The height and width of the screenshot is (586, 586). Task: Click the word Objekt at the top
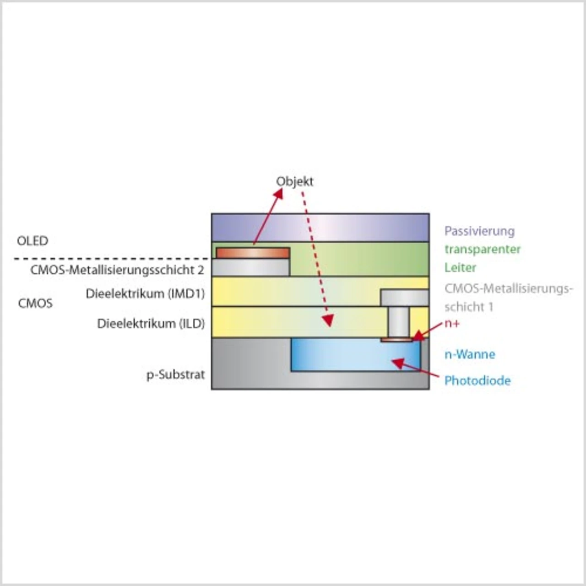[294, 182]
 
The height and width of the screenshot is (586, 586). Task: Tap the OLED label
[33, 241]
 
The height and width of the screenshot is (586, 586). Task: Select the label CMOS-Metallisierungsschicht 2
[117, 270]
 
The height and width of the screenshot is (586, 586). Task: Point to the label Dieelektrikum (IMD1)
[145, 294]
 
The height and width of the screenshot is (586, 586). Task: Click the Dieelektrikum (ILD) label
[151, 324]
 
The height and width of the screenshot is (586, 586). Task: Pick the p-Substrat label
[175, 375]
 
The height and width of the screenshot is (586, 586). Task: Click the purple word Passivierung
[480, 231]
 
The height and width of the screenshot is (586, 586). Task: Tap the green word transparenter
[483, 250]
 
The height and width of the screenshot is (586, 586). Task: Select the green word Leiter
[460, 268]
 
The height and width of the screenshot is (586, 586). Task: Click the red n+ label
[452, 324]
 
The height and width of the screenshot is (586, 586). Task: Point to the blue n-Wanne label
[470, 354]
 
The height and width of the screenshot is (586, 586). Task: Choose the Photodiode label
[477, 380]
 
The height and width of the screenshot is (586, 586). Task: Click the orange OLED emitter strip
[253, 253]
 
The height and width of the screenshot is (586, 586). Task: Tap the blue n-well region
[356, 355]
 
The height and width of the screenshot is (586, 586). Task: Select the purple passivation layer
[320, 228]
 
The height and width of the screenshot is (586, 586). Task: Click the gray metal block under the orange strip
[251, 267]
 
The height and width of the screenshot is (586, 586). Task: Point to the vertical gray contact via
[398, 322]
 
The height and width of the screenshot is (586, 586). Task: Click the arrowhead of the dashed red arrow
[328, 320]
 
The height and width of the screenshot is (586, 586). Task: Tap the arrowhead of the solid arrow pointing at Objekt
[277, 194]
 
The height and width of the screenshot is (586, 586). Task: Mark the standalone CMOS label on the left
[35, 303]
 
